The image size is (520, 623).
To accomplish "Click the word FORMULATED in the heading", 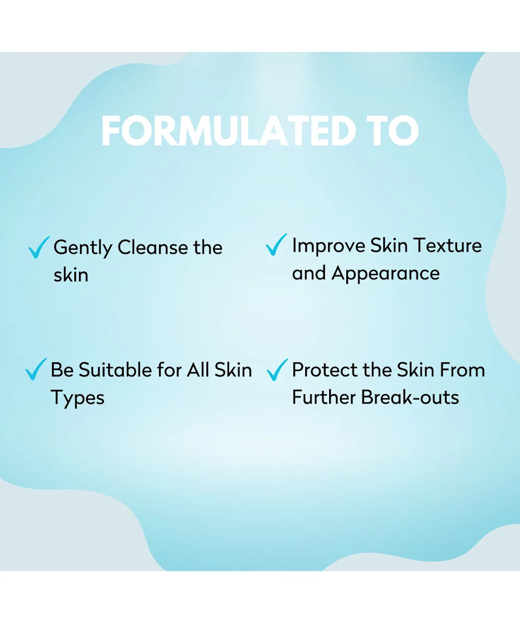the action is point(229,131).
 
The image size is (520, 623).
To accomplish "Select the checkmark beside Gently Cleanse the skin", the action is point(39,247).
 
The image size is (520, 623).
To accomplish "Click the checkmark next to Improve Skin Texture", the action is point(276,245).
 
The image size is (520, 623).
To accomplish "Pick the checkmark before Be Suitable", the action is point(36,369).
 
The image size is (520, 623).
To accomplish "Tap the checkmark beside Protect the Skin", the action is point(277,370).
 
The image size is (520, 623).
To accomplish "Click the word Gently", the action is point(83,248).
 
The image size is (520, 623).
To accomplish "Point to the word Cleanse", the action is point(153,247).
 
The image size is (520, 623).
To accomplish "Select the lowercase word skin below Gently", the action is point(71,275).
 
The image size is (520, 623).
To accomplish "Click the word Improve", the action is point(329,246).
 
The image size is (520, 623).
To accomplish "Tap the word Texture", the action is point(449,245).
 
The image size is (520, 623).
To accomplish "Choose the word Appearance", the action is point(385,274).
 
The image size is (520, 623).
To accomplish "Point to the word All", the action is point(198,370).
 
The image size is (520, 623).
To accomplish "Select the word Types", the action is point(77,398).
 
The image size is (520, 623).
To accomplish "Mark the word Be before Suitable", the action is point(62,370).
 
